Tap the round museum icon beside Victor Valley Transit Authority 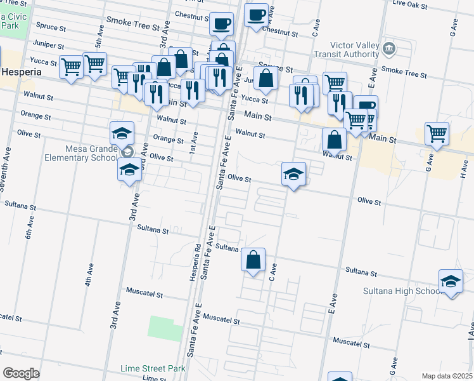point(389,48)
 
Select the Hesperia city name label point(21,72)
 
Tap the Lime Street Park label point(153,368)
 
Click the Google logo point(21,373)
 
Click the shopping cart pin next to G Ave point(437,133)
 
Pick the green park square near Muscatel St point(165,327)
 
